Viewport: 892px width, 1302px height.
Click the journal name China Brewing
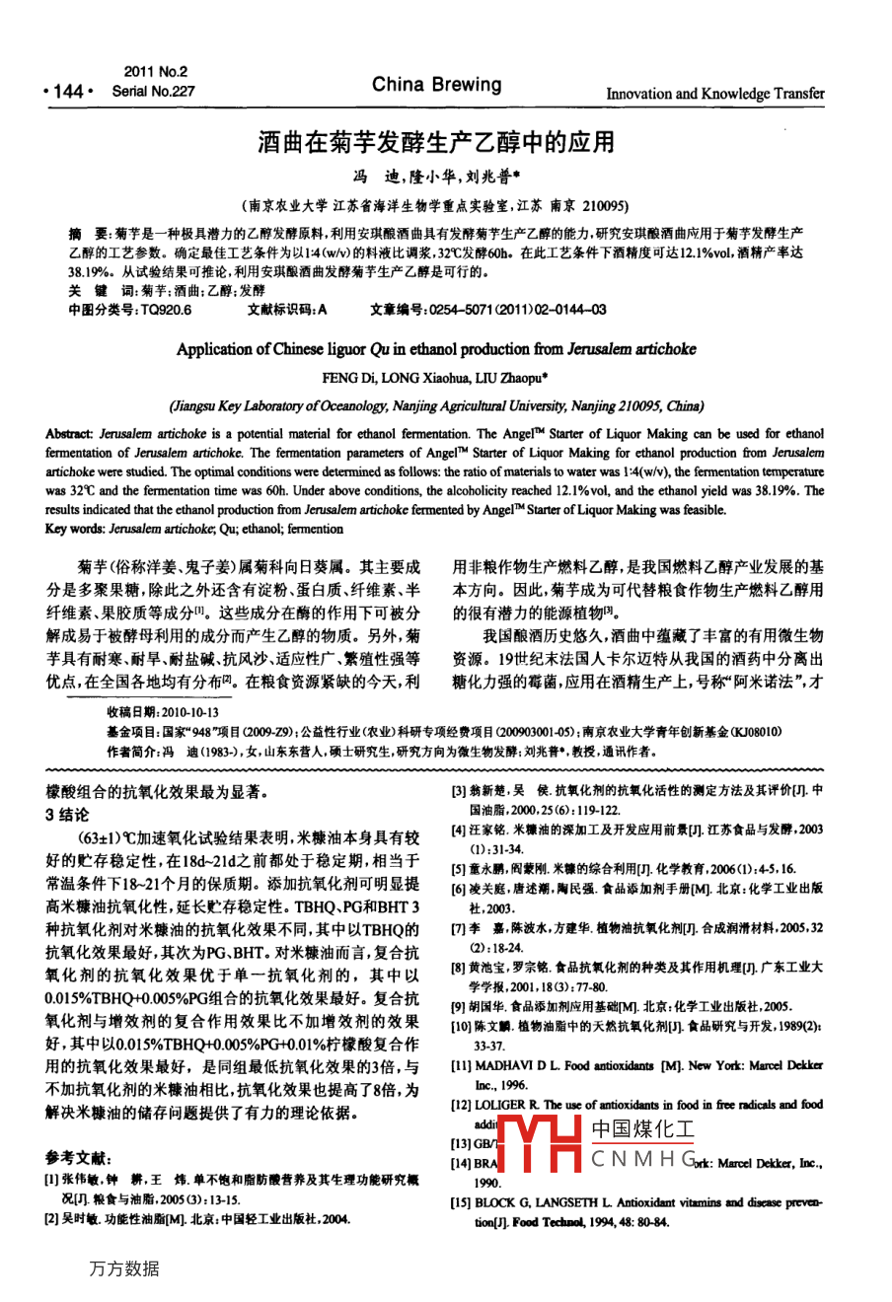[436, 85]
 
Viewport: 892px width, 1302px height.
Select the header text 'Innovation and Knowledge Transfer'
[714, 94]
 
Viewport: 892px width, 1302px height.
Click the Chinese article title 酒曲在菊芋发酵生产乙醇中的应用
[435, 142]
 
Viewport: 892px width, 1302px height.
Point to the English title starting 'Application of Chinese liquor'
[435, 349]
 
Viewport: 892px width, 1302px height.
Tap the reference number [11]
[461, 1066]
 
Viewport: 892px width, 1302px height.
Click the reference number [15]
[461, 1203]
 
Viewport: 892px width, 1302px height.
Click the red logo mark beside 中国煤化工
[538, 1143]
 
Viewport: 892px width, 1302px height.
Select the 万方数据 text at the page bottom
[123, 1268]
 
